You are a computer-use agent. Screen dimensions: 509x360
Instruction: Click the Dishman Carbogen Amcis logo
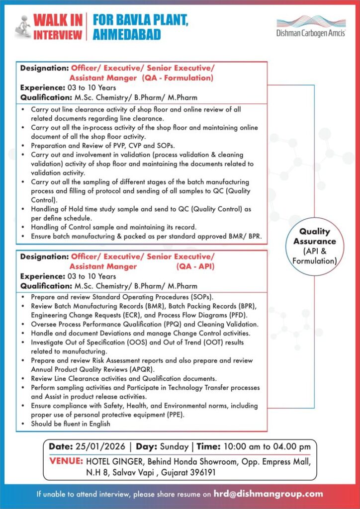[x=311, y=26]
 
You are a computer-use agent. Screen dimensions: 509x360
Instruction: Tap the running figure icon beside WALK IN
[x=21, y=27]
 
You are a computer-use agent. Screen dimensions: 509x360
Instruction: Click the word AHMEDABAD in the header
[x=127, y=34]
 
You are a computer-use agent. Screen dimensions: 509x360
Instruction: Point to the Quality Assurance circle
[x=314, y=246]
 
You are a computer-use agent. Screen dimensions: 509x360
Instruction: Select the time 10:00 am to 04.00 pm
[x=268, y=446]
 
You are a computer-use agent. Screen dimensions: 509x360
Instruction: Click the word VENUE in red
[x=66, y=462]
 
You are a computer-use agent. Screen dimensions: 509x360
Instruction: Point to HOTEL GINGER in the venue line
[x=114, y=462]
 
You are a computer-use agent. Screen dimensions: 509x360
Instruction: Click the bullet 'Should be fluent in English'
[x=70, y=424]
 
